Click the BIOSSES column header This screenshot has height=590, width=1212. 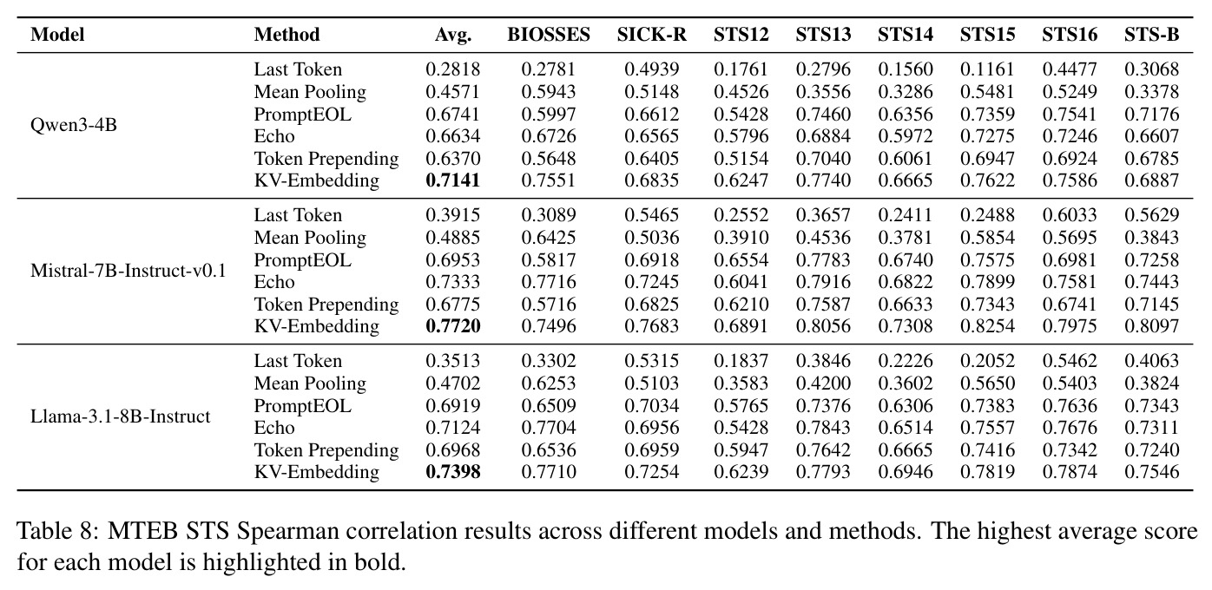[x=548, y=35]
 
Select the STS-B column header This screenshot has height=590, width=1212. [x=1151, y=35]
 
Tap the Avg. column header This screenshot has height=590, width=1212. [x=453, y=36]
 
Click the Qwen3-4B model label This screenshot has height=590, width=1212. [x=74, y=125]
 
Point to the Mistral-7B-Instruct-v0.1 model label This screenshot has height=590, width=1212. [x=128, y=271]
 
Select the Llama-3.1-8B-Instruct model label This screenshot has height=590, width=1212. [x=120, y=416]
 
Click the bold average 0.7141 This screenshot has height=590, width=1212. [x=453, y=180]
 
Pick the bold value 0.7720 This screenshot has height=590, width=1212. [x=453, y=326]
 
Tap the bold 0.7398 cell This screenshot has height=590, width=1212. [x=453, y=472]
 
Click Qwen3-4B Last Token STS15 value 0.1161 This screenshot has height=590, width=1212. [x=987, y=69]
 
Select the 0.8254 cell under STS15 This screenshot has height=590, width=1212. [x=987, y=326]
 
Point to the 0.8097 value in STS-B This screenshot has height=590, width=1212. [x=1151, y=326]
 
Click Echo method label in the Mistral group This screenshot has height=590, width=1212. [x=274, y=282]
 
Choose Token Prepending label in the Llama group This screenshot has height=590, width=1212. [x=326, y=450]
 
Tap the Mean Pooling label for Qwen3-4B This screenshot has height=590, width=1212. [x=310, y=92]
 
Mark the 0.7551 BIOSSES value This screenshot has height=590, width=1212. [x=548, y=180]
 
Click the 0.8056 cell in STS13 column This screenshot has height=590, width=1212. [x=823, y=326]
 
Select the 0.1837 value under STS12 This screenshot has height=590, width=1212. [x=741, y=361]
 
